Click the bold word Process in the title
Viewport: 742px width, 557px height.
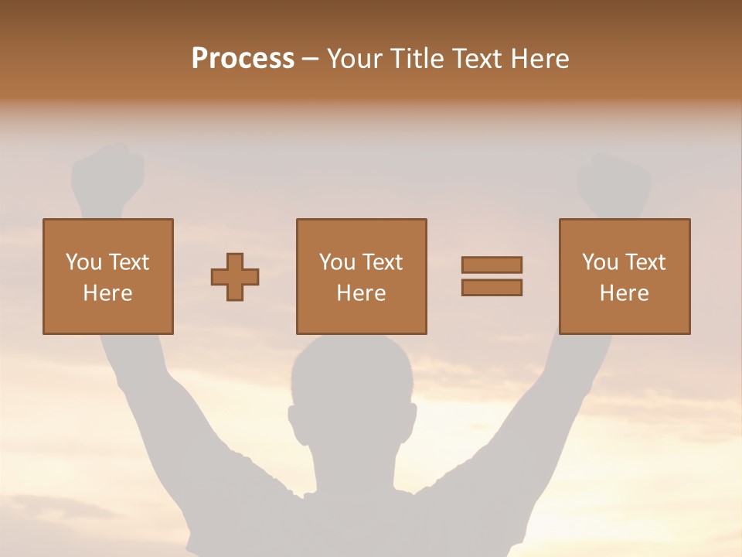(243, 59)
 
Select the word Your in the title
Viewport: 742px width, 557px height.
(356, 59)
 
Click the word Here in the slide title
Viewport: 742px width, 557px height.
(539, 59)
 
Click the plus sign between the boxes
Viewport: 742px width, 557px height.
(235, 276)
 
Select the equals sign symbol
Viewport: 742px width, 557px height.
(492, 276)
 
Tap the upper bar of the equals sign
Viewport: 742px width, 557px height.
(492, 265)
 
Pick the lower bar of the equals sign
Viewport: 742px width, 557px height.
(492, 287)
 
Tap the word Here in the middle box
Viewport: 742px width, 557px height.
(362, 293)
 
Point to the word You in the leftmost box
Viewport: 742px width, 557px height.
(83, 263)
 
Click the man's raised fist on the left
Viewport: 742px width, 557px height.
(108, 176)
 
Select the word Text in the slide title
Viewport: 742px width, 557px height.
(477, 59)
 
